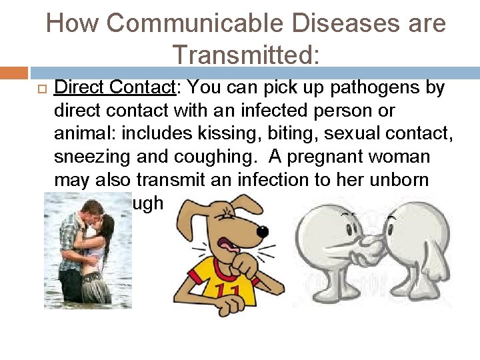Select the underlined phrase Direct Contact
click(x=113, y=88)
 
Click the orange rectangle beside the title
click(x=13, y=73)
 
